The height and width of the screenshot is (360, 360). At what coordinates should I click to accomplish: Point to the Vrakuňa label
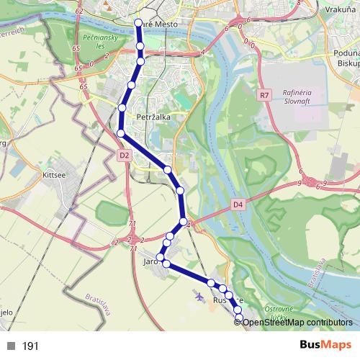point(340,11)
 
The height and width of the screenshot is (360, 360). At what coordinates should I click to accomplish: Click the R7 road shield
point(264,94)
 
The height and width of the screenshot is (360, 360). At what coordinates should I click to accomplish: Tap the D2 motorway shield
point(124,155)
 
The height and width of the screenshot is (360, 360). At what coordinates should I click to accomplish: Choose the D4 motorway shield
point(238,205)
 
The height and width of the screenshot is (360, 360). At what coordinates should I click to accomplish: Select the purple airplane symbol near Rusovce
point(199,295)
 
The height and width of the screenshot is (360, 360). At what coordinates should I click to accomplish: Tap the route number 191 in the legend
point(30,346)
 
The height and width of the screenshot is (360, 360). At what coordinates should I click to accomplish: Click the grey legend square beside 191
point(11,346)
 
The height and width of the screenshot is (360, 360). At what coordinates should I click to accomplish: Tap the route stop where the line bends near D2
point(121,133)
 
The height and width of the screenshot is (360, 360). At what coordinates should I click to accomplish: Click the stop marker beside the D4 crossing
point(184,222)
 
